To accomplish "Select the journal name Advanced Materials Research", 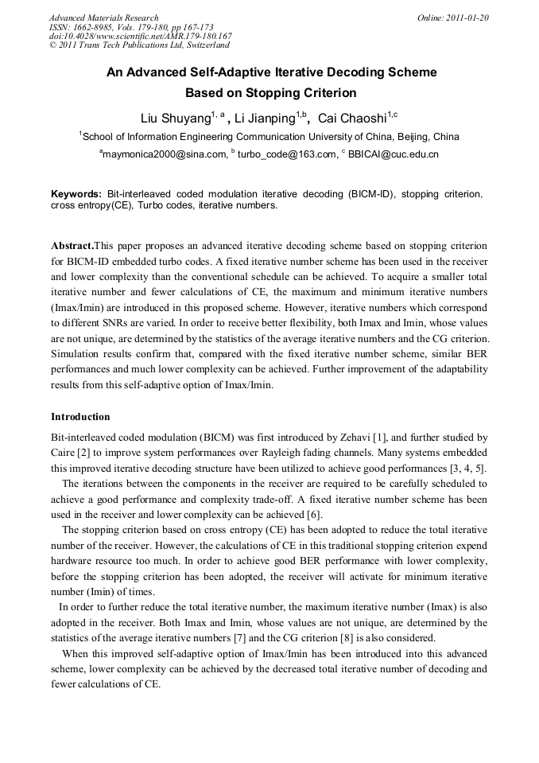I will (x=103, y=18).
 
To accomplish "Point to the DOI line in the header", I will (x=140, y=37).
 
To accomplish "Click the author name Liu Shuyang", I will (x=175, y=119).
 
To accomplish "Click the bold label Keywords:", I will (x=76, y=194).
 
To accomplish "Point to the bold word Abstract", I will (x=72, y=247).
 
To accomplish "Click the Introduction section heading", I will (x=80, y=417).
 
